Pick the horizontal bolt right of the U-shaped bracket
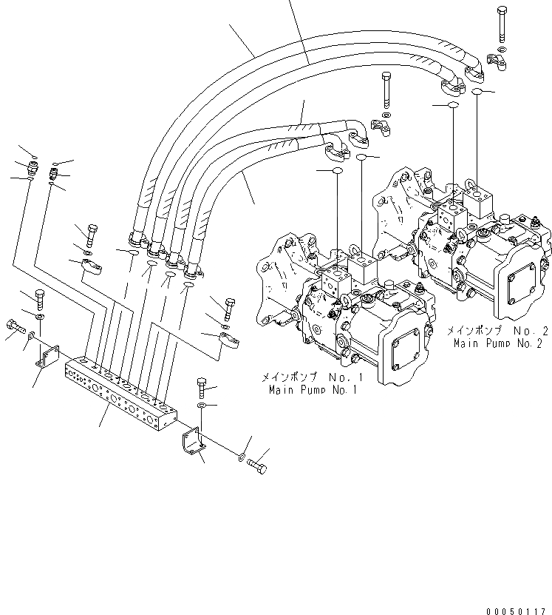coord(256,466)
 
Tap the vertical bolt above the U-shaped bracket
coord(202,386)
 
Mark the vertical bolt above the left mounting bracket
coord(40,299)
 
